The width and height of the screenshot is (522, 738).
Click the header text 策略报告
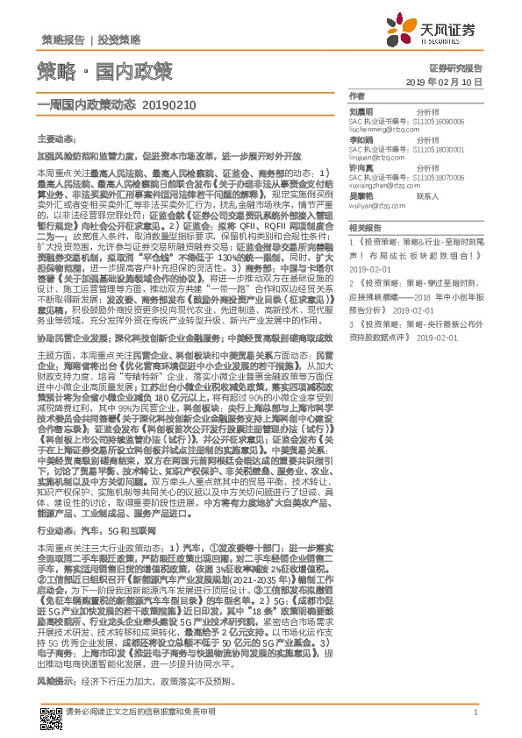[63, 39]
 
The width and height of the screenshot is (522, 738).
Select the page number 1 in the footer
[474, 714]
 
